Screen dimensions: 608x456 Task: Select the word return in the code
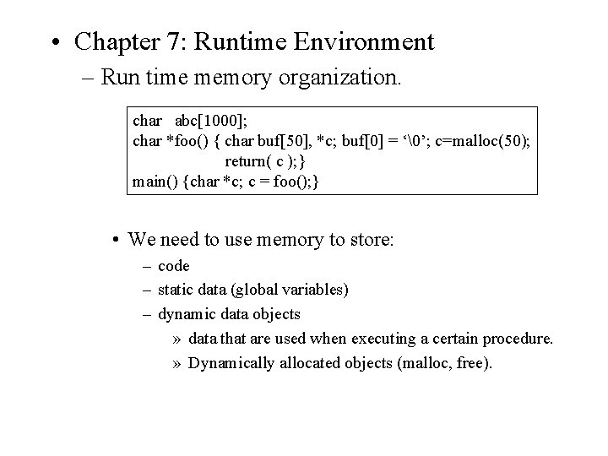pos(245,160)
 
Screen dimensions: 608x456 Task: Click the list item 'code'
pos(174,267)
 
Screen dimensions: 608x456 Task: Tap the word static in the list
pos(176,290)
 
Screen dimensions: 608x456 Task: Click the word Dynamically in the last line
pos(233,363)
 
